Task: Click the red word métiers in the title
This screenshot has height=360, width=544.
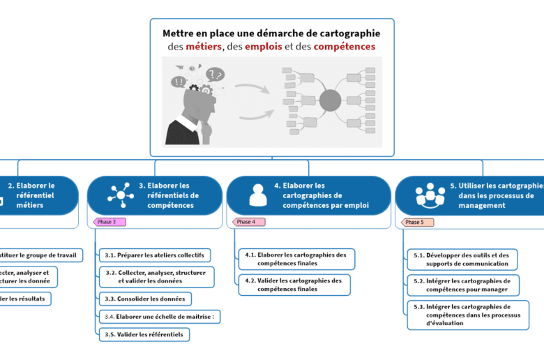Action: pyautogui.click(x=204, y=47)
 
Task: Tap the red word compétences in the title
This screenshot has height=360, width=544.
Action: pyautogui.click(x=345, y=47)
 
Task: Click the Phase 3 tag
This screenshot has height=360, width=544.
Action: pyautogui.click(x=109, y=222)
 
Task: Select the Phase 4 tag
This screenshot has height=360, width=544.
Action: pyautogui.click(x=248, y=222)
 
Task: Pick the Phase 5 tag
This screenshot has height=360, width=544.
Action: pyautogui.click(x=417, y=222)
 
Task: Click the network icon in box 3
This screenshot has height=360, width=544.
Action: pyautogui.click(x=120, y=195)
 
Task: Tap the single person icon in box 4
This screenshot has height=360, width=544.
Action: pyautogui.click(x=258, y=195)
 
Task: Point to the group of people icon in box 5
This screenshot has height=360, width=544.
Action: pyautogui.click(x=430, y=195)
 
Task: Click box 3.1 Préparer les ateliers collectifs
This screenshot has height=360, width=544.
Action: pyautogui.click(x=154, y=255)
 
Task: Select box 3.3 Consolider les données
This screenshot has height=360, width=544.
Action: pyautogui.click(x=146, y=299)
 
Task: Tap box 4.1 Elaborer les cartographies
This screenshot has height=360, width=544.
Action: pyautogui.click(x=296, y=259)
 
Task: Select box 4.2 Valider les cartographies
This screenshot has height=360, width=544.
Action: pyautogui.click(x=294, y=285)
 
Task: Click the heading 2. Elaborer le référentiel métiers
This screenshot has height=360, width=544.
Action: pyautogui.click(x=35, y=195)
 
